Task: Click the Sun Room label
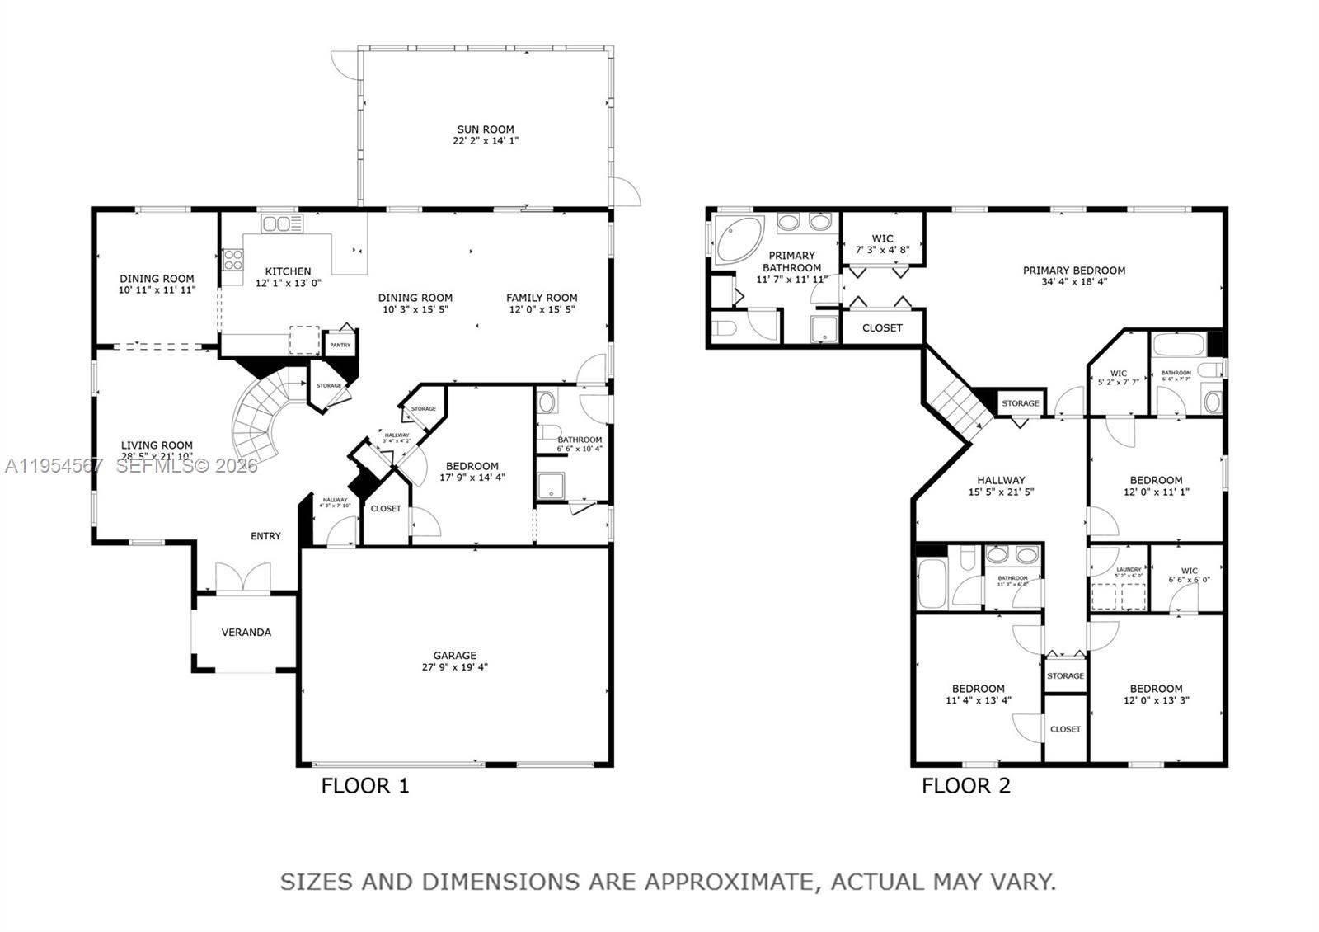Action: [486, 129]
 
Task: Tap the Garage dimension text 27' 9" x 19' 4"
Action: [454, 667]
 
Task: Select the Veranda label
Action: [246, 633]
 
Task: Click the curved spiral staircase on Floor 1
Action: [260, 417]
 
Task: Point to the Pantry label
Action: [340, 345]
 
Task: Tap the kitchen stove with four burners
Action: [232, 261]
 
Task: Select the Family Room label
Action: [542, 298]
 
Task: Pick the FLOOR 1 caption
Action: [365, 785]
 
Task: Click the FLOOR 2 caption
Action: [965, 785]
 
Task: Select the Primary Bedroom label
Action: [1073, 271]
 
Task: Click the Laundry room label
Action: [1129, 569]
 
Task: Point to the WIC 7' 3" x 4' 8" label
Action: [882, 243]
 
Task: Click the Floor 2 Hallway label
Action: [1001, 480]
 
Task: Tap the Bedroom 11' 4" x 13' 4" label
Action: [978, 689]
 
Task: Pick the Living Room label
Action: [157, 445]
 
